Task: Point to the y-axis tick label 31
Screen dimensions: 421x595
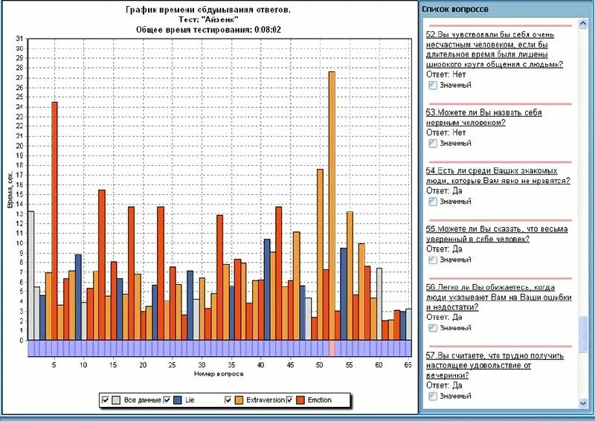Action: click(19, 39)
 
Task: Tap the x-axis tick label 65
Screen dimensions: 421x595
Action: click(408, 365)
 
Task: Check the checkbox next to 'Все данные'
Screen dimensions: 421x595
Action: click(106, 400)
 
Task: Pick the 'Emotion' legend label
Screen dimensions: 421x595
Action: click(318, 400)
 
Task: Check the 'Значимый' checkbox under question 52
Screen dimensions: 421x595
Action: click(433, 85)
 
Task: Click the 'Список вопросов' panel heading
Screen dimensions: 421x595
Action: click(456, 9)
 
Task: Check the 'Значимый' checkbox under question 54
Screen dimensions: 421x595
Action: click(433, 201)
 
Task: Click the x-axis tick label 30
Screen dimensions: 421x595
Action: click(201, 365)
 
